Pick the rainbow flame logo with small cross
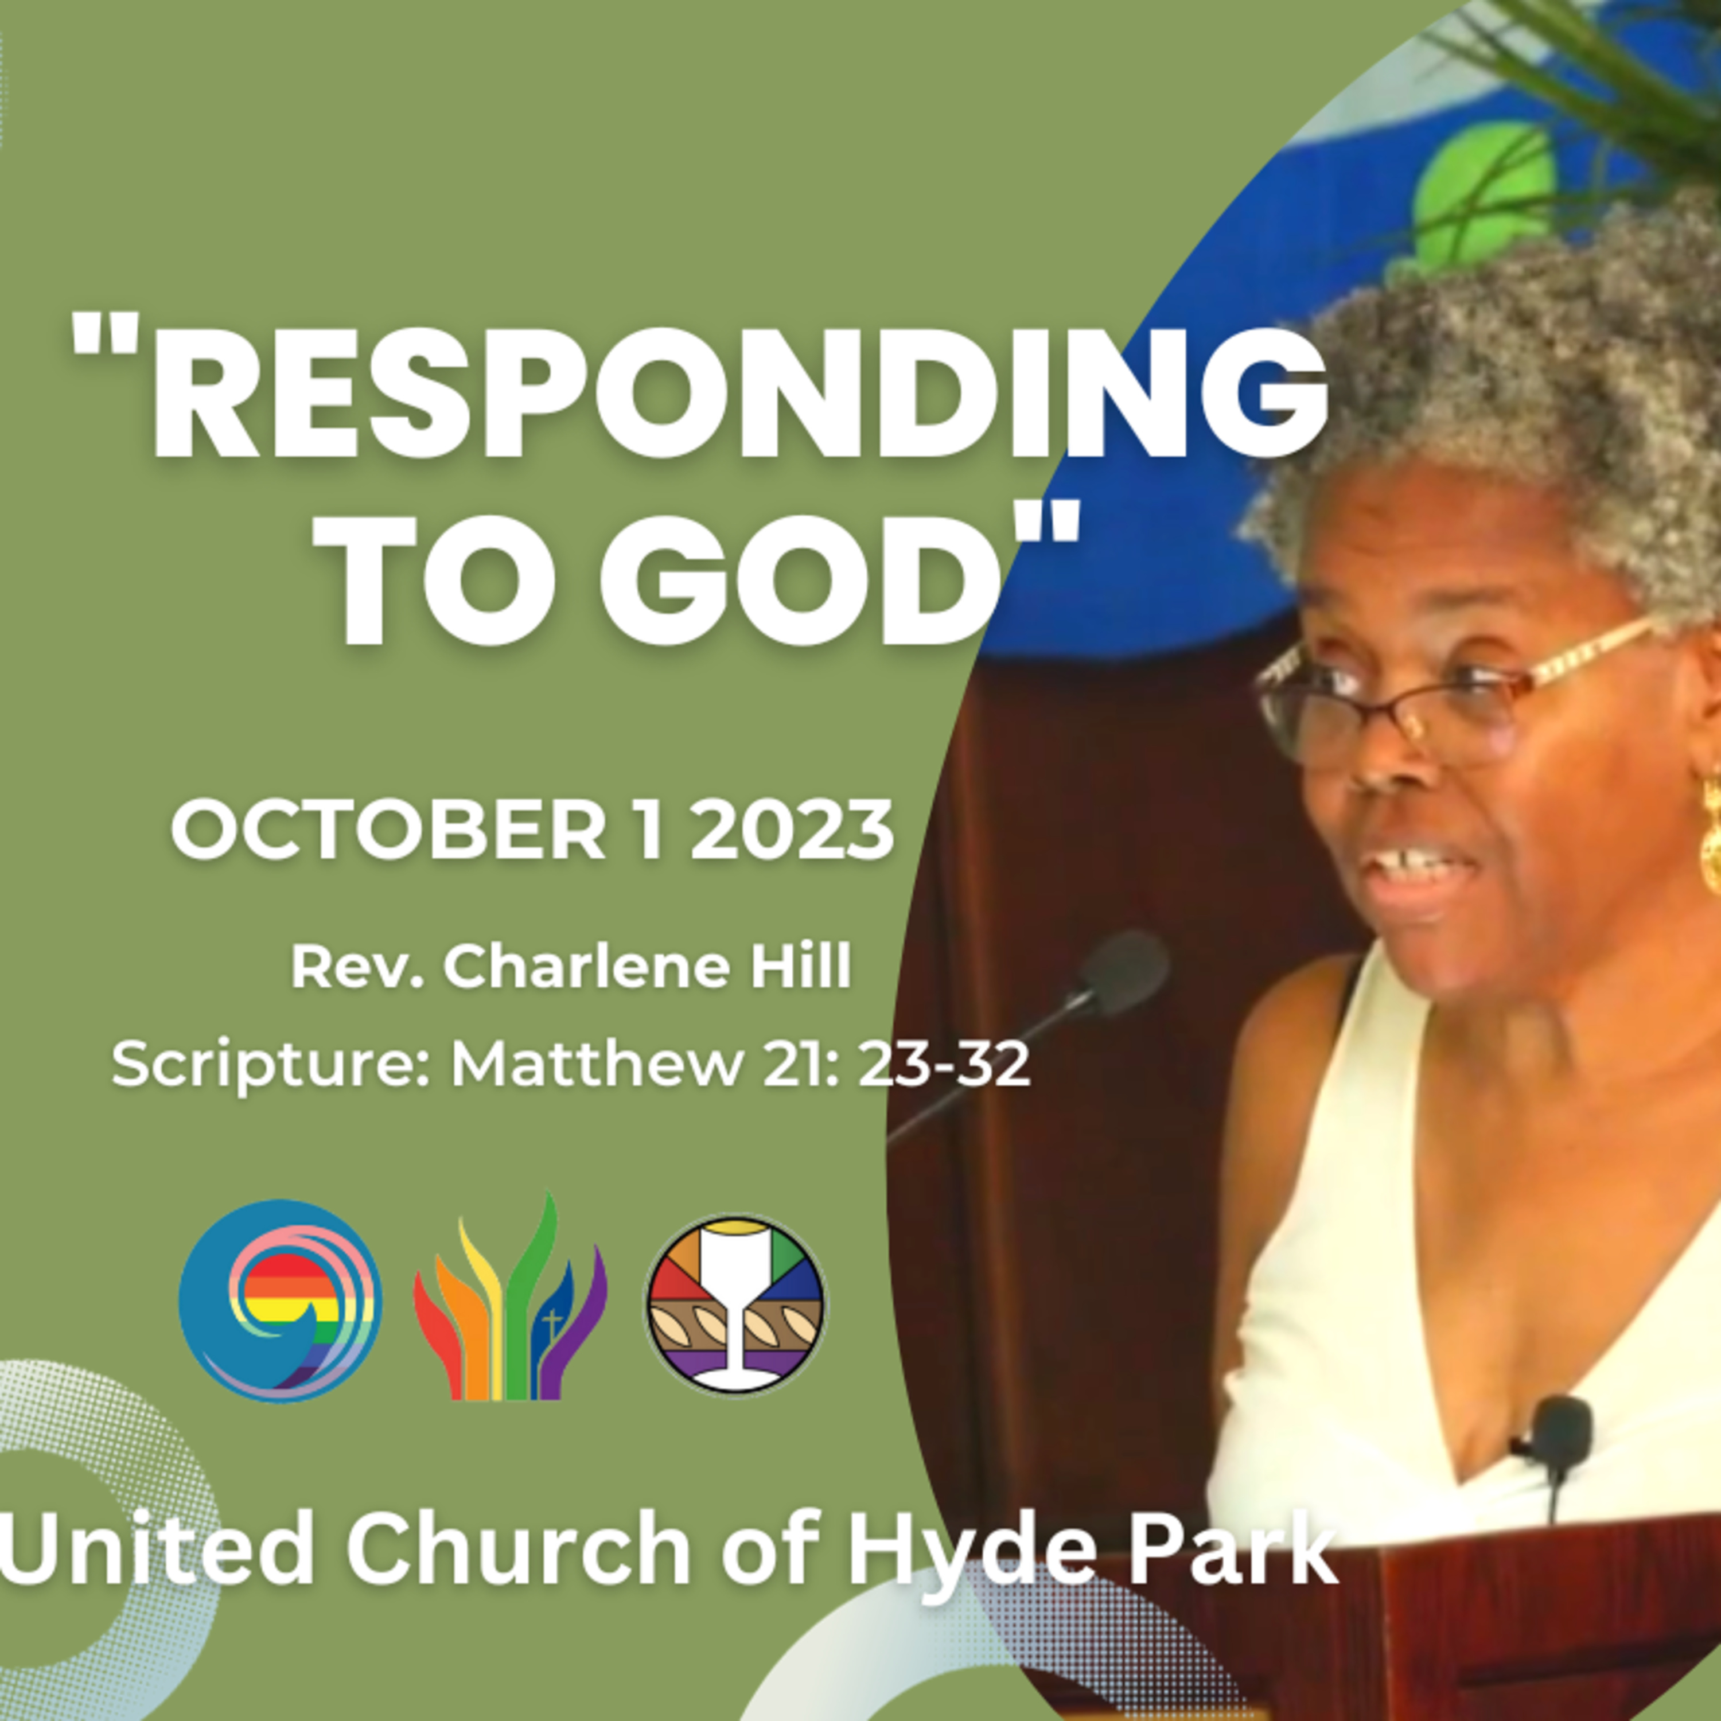click(509, 1299)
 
